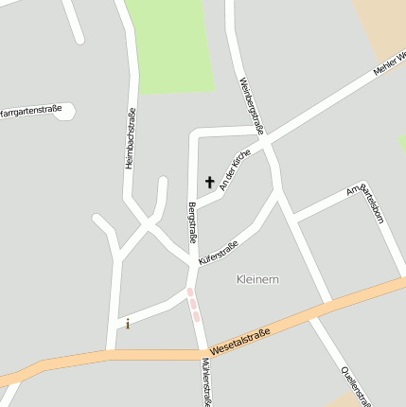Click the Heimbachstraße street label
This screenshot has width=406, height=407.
point(131,138)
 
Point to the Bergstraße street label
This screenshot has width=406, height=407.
point(192,221)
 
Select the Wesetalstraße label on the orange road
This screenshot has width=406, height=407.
point(240,342)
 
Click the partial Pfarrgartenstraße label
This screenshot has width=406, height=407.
point(31,111)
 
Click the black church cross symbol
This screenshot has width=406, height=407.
point(209,182)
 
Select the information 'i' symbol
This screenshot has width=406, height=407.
point(128,324)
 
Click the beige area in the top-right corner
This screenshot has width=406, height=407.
point(383,24)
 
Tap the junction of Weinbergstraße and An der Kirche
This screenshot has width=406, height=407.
point(268,145)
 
